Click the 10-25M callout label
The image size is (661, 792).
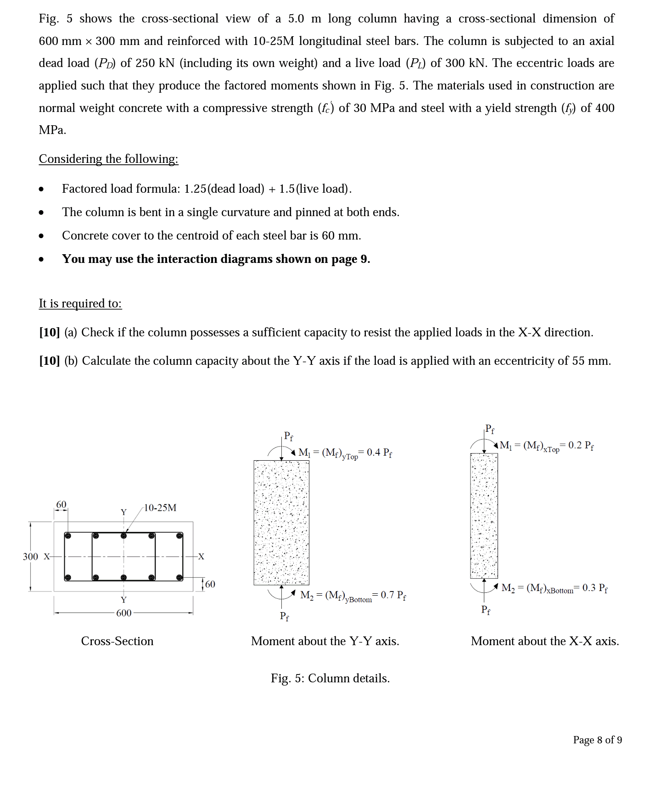160,508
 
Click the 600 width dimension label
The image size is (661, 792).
123,613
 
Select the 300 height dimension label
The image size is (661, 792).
30,557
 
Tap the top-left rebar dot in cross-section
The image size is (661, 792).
67,535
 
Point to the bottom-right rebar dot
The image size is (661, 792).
179,577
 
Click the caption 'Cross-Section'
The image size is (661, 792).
117,641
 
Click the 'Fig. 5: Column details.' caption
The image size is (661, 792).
330,678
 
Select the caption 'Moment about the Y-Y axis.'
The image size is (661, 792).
325,641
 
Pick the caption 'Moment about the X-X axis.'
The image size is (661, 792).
545,641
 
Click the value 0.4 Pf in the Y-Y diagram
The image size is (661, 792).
379,452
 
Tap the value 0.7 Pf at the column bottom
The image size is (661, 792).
393,595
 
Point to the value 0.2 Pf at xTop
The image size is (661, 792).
581,445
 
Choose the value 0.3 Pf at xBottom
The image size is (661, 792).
595,588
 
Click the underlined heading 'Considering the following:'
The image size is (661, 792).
108,159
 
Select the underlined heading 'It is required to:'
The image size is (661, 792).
80,303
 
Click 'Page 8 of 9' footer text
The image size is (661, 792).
597,740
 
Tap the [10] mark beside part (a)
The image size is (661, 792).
49,332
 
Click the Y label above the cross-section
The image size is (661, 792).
123,512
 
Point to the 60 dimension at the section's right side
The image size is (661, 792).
210,584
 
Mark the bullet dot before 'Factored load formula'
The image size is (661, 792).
41,189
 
